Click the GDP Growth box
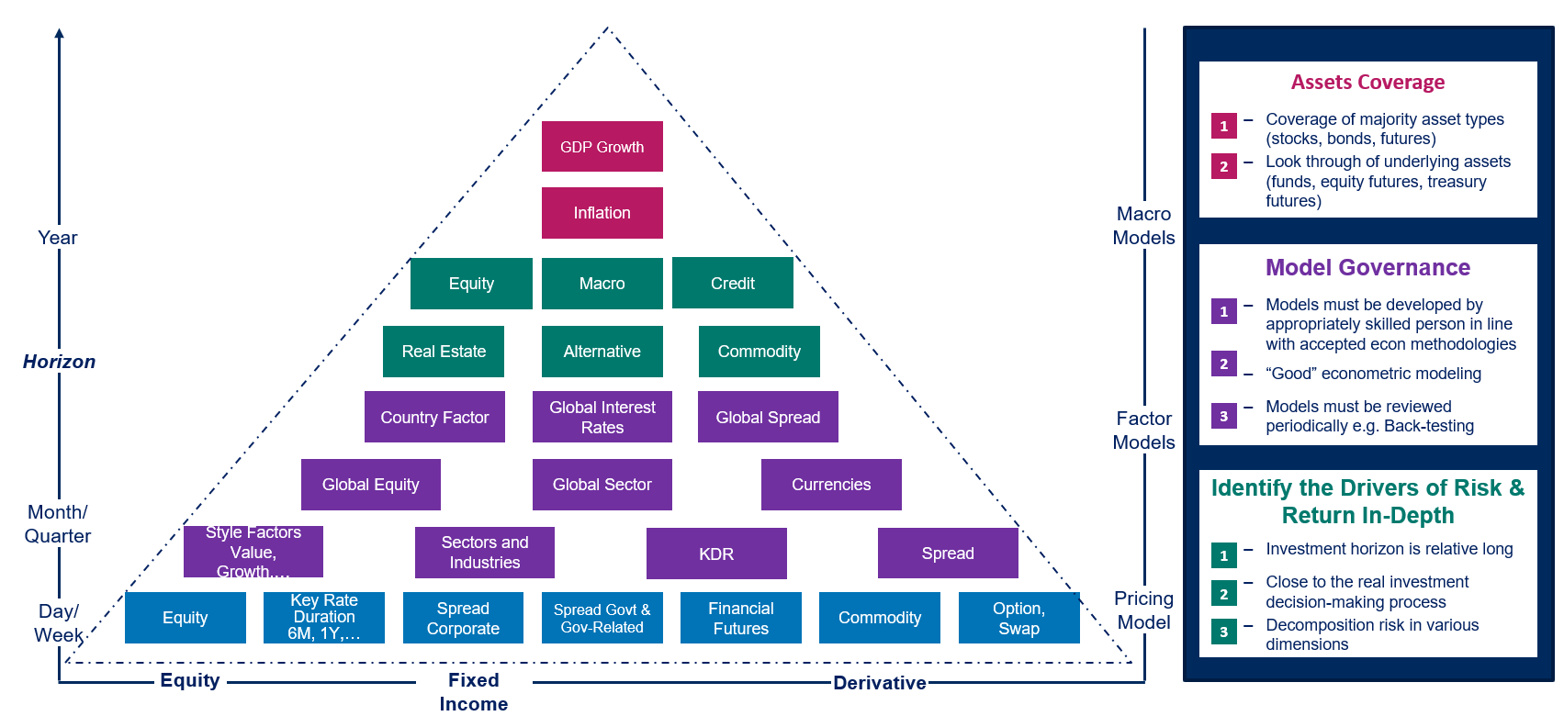(602, 147)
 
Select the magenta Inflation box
(602, 213)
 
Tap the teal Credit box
(732, 284)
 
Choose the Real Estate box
(444, 352)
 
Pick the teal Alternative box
(602, 352)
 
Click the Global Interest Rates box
(602, 418)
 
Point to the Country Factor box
(434, 418)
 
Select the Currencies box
(831, 485)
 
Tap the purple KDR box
(716, 554)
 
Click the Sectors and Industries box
(484, 553)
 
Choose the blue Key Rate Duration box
(323, 617)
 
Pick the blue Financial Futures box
(740, 618)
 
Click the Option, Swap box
(1018, 618)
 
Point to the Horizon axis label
(59, 362)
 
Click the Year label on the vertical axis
(57, 238)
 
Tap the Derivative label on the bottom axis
(879, 683)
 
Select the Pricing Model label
(1143, 610)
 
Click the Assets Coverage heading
(1367, 83)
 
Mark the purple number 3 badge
(1223, 416)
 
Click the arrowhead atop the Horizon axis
(59, 34)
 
